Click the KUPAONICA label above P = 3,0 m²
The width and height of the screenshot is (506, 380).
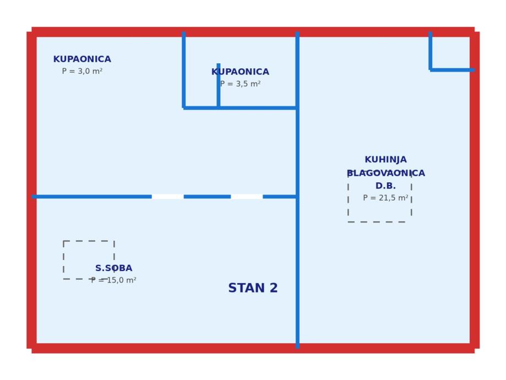point(82,59)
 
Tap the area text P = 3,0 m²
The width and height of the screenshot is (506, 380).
point(82,72)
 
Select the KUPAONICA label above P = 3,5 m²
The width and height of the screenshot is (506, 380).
point(240,72)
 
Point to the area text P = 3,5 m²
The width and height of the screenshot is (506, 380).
point(240,84)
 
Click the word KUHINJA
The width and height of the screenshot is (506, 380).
point(385,160)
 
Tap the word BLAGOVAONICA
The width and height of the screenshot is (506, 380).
point(386,173)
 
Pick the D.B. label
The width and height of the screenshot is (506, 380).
point(385,186)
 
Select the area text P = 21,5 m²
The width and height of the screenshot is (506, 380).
point(385,198)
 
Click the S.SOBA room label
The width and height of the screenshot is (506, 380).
point(113,268)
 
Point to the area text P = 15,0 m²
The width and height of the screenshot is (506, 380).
point(113,280)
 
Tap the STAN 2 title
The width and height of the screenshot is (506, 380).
point(253,288)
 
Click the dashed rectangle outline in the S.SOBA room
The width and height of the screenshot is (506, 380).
point(64,259)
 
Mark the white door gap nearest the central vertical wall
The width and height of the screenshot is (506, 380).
point(247,197)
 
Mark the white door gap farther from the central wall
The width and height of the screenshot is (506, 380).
point(167,197)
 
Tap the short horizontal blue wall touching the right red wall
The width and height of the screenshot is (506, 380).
point(451,70)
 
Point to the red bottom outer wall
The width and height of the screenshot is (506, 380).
point(253,348)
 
